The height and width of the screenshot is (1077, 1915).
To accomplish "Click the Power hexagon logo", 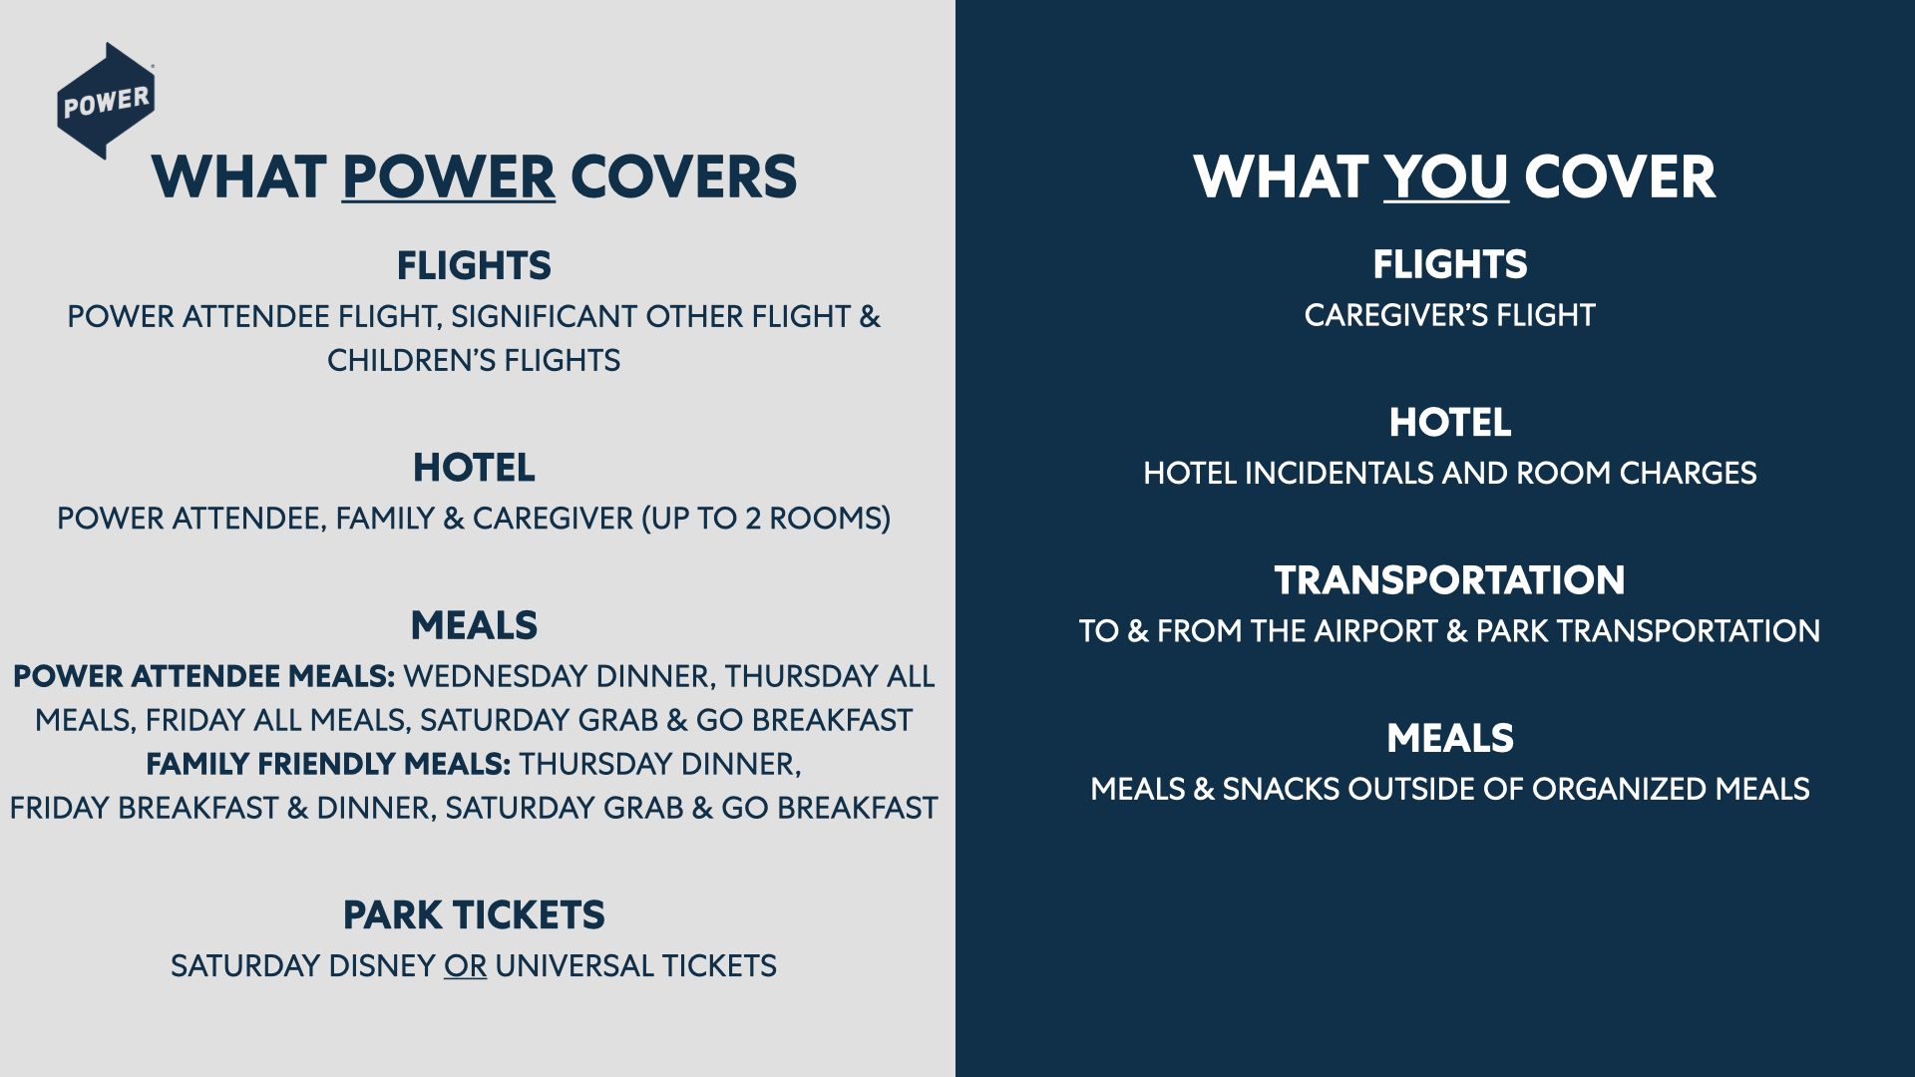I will [x=106, y=101].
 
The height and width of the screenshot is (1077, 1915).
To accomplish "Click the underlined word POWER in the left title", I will [x=448, y=178].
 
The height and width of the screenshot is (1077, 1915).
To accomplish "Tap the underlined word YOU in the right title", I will [x=1445, y=178].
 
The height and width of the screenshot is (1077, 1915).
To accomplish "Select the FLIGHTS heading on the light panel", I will [x=474, y=266].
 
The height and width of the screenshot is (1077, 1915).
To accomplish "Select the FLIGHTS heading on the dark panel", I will [x=1449, y=265].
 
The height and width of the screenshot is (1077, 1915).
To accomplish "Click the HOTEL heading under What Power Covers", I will [x=474, y=468].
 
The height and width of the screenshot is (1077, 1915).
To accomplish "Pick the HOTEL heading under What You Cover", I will [x=1449, y=423].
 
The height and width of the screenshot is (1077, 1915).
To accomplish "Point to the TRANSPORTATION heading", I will [x=1449, y=580].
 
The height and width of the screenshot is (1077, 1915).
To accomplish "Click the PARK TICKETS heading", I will [x=474, y=915].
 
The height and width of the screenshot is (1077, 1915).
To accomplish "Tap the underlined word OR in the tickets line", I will [x=465, y=966].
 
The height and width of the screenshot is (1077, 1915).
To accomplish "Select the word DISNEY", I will [x=381, y=966].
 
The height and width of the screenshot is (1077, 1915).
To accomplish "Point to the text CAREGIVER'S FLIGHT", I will [x=1449, y=316].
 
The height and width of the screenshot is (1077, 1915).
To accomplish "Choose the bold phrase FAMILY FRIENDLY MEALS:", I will [x=328, y=765].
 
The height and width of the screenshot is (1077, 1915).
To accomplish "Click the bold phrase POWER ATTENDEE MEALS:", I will [x=203, y=677].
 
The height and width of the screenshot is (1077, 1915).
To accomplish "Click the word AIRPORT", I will [x=1375, y=631].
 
